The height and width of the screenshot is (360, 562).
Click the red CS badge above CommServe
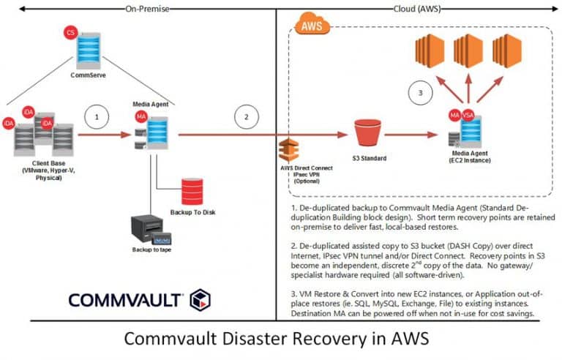coord(70,33)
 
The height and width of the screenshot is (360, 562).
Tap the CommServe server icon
coord(89,50)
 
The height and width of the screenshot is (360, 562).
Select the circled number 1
coord(97,117)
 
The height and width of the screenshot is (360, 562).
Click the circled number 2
coord(246,117)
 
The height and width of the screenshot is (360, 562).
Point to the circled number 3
coord(421,93)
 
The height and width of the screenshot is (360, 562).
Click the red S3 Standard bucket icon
coord(367,132)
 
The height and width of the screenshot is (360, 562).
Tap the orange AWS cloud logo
coord(312,24)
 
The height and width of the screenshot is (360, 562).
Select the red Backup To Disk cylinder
coord(192,192)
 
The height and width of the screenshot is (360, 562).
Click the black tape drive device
coord(151,230)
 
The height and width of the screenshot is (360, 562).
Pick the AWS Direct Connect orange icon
coord(289,150)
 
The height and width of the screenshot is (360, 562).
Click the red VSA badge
coord(468,115)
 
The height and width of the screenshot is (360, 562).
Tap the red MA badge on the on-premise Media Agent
coord(141,116)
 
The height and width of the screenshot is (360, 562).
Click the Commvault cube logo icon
coord(200,300)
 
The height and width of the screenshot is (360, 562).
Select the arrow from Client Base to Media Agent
coord(105,135)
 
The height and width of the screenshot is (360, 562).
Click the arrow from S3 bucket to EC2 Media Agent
coord(411,135)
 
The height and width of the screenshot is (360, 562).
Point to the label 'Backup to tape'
coord(151,250)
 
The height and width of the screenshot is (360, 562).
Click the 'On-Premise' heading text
coord(147,9)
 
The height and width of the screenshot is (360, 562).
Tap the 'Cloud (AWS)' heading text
coord(417,9)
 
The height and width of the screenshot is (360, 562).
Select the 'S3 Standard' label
coord(369,158)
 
